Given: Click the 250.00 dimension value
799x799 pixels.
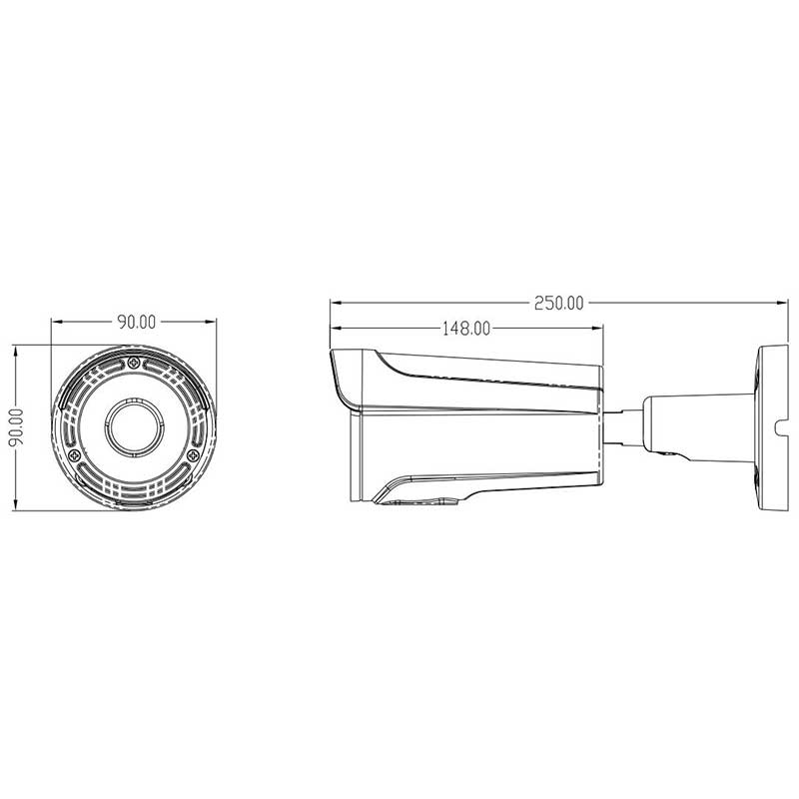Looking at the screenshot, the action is pos(558,303).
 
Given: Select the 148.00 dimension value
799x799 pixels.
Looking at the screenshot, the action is pos(465,329).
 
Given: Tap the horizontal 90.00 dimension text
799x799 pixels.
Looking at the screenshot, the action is pos(137,322).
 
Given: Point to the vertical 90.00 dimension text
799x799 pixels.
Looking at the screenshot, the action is pos(16,427).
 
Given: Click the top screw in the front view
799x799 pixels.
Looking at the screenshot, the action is pos(134,363).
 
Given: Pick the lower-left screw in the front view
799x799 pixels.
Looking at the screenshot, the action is pos(74,455).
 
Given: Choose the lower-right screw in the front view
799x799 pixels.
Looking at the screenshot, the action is pos(193,455).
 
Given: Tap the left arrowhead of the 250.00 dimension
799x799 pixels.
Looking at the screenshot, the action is pos(336,303).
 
